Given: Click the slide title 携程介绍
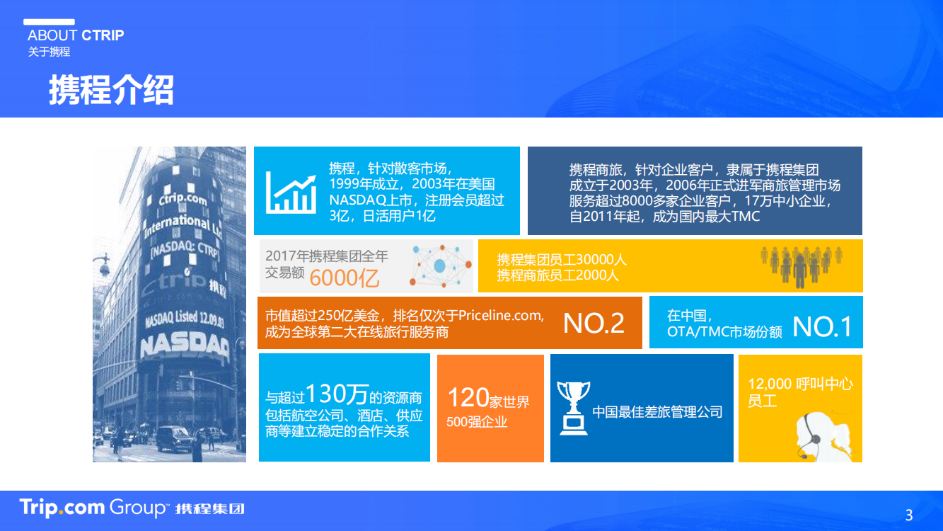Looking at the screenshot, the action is pyautogui.click(x=111, y=90).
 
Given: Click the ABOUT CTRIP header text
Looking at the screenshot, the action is pyautogui.click(x=76, y=35).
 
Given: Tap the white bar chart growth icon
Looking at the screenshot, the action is pyautogui.click(x=291, y=193).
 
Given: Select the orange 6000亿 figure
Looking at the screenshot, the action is pyautogui.click(x=345, y=278).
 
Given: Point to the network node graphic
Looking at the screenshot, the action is pyautogui.click(x=441, y=265).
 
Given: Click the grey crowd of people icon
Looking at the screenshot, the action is pyautogui.click(x=801, y=266).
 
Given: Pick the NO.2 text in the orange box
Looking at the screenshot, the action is pyautogui.click(x=594, y=324).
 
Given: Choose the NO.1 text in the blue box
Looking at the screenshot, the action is pyautogui.click(x=822, y=326).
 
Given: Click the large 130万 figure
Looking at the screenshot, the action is pyautogui.click(x=337, y=394).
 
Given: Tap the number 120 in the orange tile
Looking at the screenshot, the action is pyautogui.click(x=468, y=397).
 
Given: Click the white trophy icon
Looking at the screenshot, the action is pyautogui.click(x=573, y=408).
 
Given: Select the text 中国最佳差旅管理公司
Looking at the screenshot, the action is pyautogui.click(x=657, y=412).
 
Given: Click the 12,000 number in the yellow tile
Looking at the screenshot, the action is pyautogui.click(x=770, y=384).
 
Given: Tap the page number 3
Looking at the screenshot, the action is pyautogui.click(x=909, y=515).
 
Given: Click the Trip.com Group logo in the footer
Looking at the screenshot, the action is pyautogui.click(x=132, y=508).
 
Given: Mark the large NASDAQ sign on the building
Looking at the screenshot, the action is pyautogui.click(x=185, y=346).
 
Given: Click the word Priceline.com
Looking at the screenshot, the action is pyautogui.click(x=501, y=316).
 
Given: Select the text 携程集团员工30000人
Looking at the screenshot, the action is pyautogui.click(x=562, y=259).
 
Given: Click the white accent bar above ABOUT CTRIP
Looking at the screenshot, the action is pyautogui.click(x=50, y=22).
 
